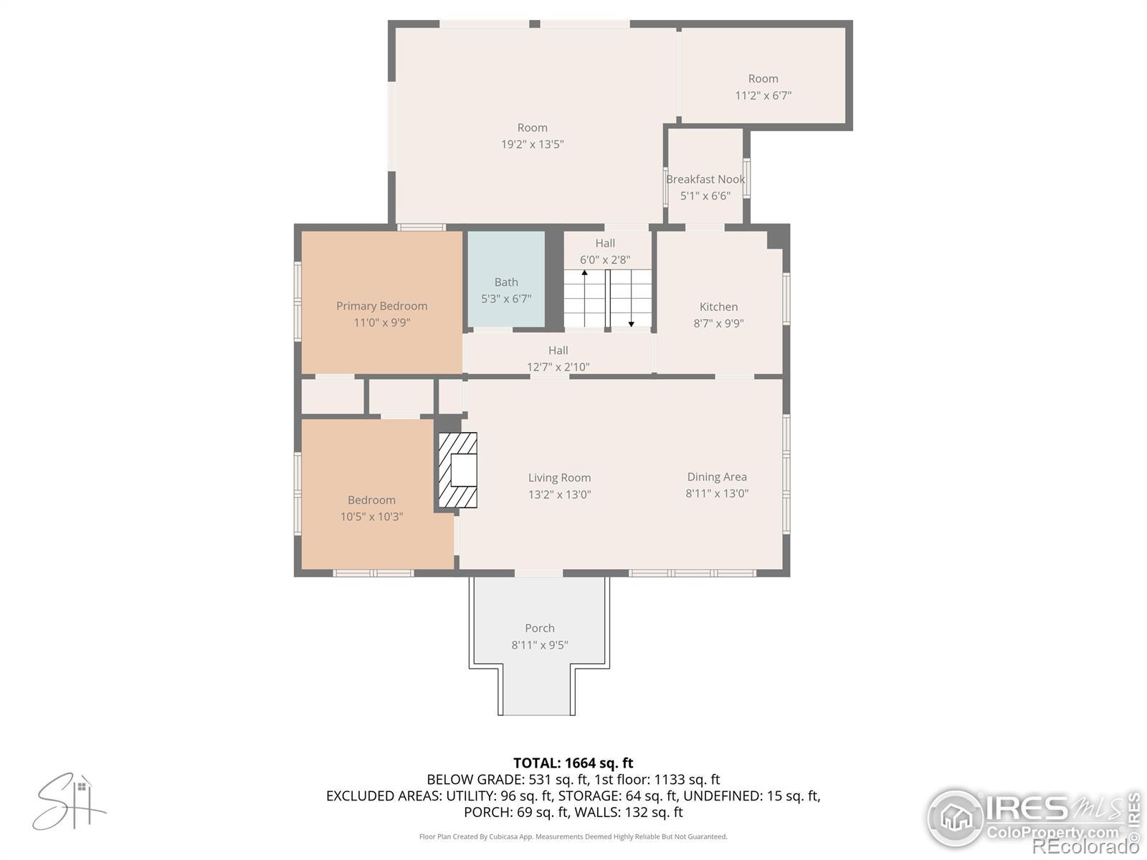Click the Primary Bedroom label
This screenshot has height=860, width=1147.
(381, 306)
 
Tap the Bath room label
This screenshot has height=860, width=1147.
(506, 282)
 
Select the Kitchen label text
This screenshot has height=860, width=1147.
(718, 307)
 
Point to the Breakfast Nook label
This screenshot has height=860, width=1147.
(705, 179)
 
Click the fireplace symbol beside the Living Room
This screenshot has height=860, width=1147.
(458, 470)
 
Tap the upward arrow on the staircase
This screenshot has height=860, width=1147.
(585, 298)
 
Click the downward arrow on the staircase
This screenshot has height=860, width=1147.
(632, 298)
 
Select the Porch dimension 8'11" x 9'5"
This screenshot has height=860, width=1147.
(540, 645)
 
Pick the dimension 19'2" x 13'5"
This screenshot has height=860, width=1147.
(533, 144)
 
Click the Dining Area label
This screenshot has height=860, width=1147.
(717, 477)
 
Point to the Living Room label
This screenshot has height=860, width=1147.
(559, 478)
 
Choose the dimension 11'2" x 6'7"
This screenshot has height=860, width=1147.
(763, 95)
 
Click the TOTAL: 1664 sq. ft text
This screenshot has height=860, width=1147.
(573, 763)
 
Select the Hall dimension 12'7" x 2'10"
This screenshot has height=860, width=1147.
(558, 367)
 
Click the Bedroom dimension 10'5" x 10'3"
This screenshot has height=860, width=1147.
(371, 517)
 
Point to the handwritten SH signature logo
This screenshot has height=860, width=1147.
(69, 801)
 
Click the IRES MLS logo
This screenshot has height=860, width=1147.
(1032, 818)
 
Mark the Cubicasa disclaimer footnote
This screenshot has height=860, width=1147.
(573, 836)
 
